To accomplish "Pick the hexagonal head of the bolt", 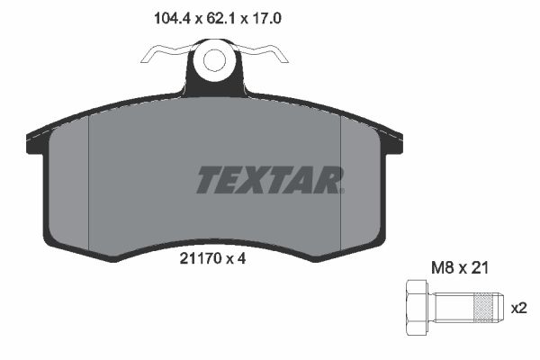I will [x=418, y=306].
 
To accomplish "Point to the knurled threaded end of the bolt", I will [x=485, y=306].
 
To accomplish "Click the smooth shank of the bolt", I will [x=451, y=306].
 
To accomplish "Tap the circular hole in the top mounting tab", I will [x=214, y=61].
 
